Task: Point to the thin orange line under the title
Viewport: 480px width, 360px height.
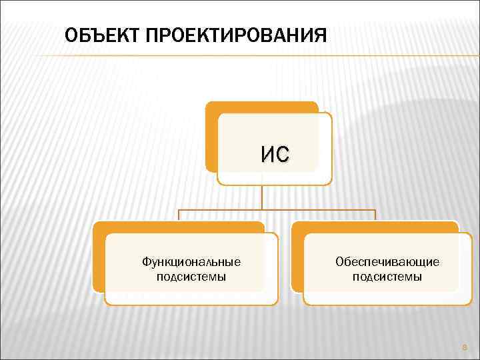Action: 267,55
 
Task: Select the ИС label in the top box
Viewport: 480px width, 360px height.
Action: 275,155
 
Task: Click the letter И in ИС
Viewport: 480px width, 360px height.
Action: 267,155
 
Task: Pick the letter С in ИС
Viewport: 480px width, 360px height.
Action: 283,155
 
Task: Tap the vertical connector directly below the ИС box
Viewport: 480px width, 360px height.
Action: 261,197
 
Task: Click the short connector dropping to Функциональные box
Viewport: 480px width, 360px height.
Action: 178,215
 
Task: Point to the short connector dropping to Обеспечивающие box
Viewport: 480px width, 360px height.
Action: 375,215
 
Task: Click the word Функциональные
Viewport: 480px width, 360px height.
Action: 191,262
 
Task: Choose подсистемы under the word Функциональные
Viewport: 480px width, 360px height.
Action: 191,277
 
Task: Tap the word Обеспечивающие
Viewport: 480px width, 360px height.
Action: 387,262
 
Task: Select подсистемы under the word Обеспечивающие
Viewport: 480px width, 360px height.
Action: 387,277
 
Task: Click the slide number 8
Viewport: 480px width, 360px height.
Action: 465,347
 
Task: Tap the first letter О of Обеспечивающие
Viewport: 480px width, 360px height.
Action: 339,262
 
